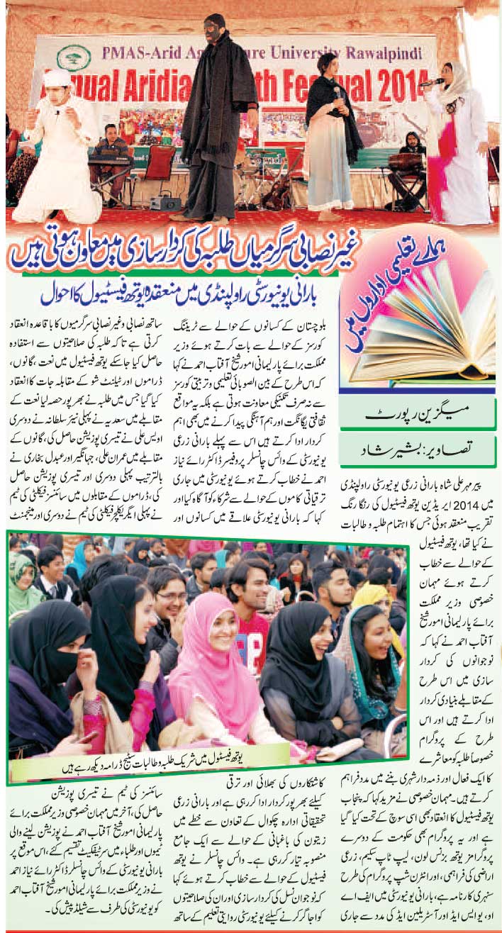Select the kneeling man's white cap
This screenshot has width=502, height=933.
point(58,77)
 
